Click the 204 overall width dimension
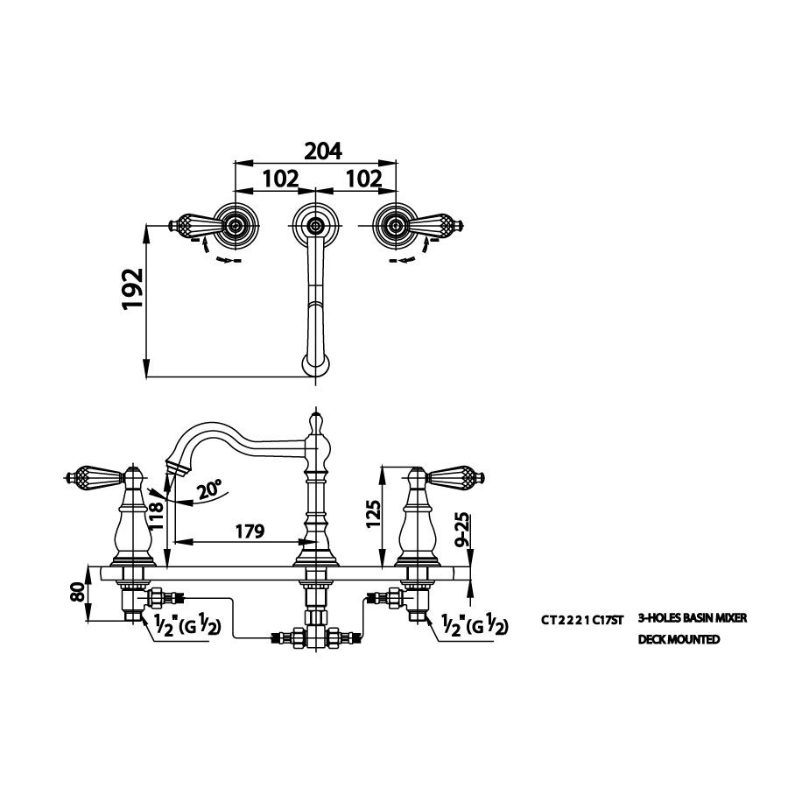point(322,151)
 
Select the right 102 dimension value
point(365,179)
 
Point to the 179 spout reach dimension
point(250,531)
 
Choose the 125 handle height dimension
point(373,517)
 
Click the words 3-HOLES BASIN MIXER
point(693,619)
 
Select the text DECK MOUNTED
point(679,640)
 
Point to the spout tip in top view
point(314,363)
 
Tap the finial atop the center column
point(315,422)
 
